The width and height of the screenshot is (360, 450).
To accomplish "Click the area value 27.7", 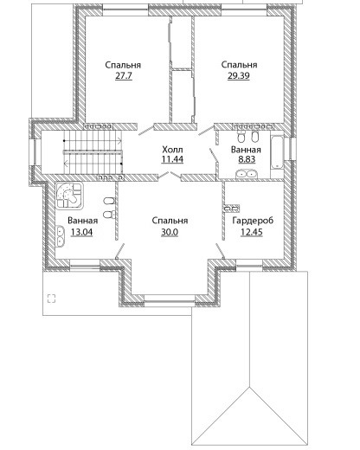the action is pyautogui.click(x=124, y=76).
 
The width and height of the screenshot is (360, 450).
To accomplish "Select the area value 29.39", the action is pyautogui.click(x=239, y=75).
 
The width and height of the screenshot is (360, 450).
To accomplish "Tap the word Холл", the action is pyautogui.click(x=172, y=150).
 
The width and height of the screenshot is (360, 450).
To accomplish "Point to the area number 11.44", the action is pyautogui.click(x=172, y=159).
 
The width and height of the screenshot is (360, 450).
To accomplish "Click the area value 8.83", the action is pyautogui.click(x=247, y=159).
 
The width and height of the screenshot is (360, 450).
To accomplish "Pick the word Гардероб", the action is pyautogui.click(x=253, y=221).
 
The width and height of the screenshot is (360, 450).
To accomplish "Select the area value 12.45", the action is pyautogui.click(x=252, y=232).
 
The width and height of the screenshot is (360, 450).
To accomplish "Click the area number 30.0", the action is pyautogui.click(x=170, y=232).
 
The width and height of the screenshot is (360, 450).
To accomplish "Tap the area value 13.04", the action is pyautogui.click(x=82, y=232).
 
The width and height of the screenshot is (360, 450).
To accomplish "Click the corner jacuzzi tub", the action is pyautogui.click(x=69, y=196).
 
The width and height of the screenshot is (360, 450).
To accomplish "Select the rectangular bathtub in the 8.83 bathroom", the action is pyautogui.click(x=277, y=153).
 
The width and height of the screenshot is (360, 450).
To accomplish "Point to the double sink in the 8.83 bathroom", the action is pyautogui.click(x=246, y=174).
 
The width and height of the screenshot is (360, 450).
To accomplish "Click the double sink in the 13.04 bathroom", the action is pyautogui.click(x=61, y=236).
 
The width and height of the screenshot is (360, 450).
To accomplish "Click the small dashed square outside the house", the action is pyautogui.click(x=51, y=299).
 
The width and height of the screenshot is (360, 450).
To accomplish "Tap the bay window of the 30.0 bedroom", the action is pyautogui.click(x=170, y=299).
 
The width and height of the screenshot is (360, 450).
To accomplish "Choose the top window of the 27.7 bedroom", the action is pyautogui.click(x=125, y=10).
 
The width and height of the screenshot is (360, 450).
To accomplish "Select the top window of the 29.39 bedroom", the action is pyautogui.click(x=244, y=10).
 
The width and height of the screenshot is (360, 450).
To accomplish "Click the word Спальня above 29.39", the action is pyautogui.click(x=239, y=65).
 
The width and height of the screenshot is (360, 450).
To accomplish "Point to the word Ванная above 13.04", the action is pyautogui.click(x=83, y=221).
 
